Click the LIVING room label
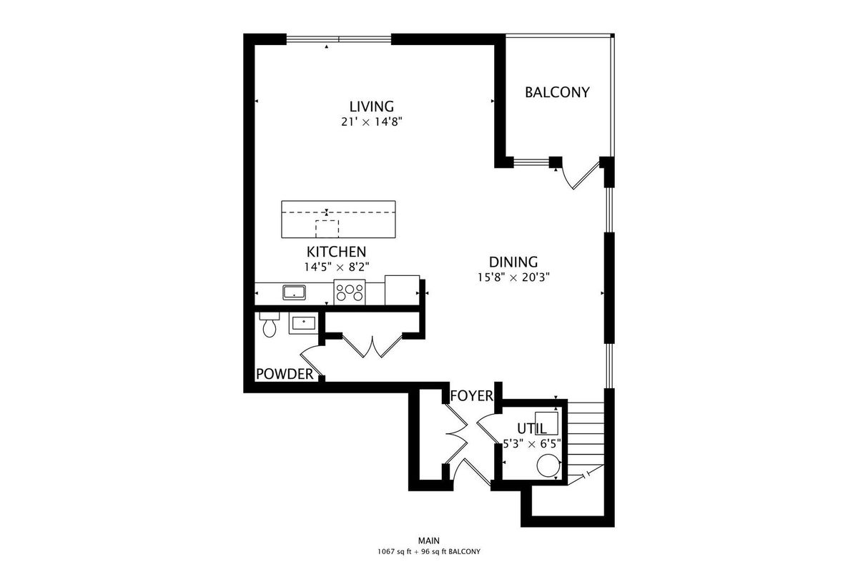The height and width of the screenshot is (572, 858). point(371,106)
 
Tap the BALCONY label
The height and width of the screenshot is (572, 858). point(557,92)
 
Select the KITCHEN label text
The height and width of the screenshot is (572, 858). point(336,252)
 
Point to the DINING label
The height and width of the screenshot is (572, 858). point(513,262)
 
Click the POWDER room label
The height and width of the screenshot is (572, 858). point(285,374)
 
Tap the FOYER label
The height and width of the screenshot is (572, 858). point(471,396)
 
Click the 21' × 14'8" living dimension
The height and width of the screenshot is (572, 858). point(371,122)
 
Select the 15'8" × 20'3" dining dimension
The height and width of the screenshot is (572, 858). point(513,277)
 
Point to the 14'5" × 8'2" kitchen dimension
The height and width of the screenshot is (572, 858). point(336,267)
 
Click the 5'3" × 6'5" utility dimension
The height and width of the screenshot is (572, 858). point(532,443)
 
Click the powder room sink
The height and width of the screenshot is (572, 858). point(303,323)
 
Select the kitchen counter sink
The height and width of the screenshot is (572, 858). point(294,292)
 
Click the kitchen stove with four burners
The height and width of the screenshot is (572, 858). point(350,292)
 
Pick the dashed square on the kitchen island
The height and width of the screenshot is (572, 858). point(327,229)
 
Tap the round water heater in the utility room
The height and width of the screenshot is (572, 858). point(548,465)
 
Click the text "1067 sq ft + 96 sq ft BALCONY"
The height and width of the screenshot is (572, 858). point(428,552)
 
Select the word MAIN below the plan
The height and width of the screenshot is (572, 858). point(428,541)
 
